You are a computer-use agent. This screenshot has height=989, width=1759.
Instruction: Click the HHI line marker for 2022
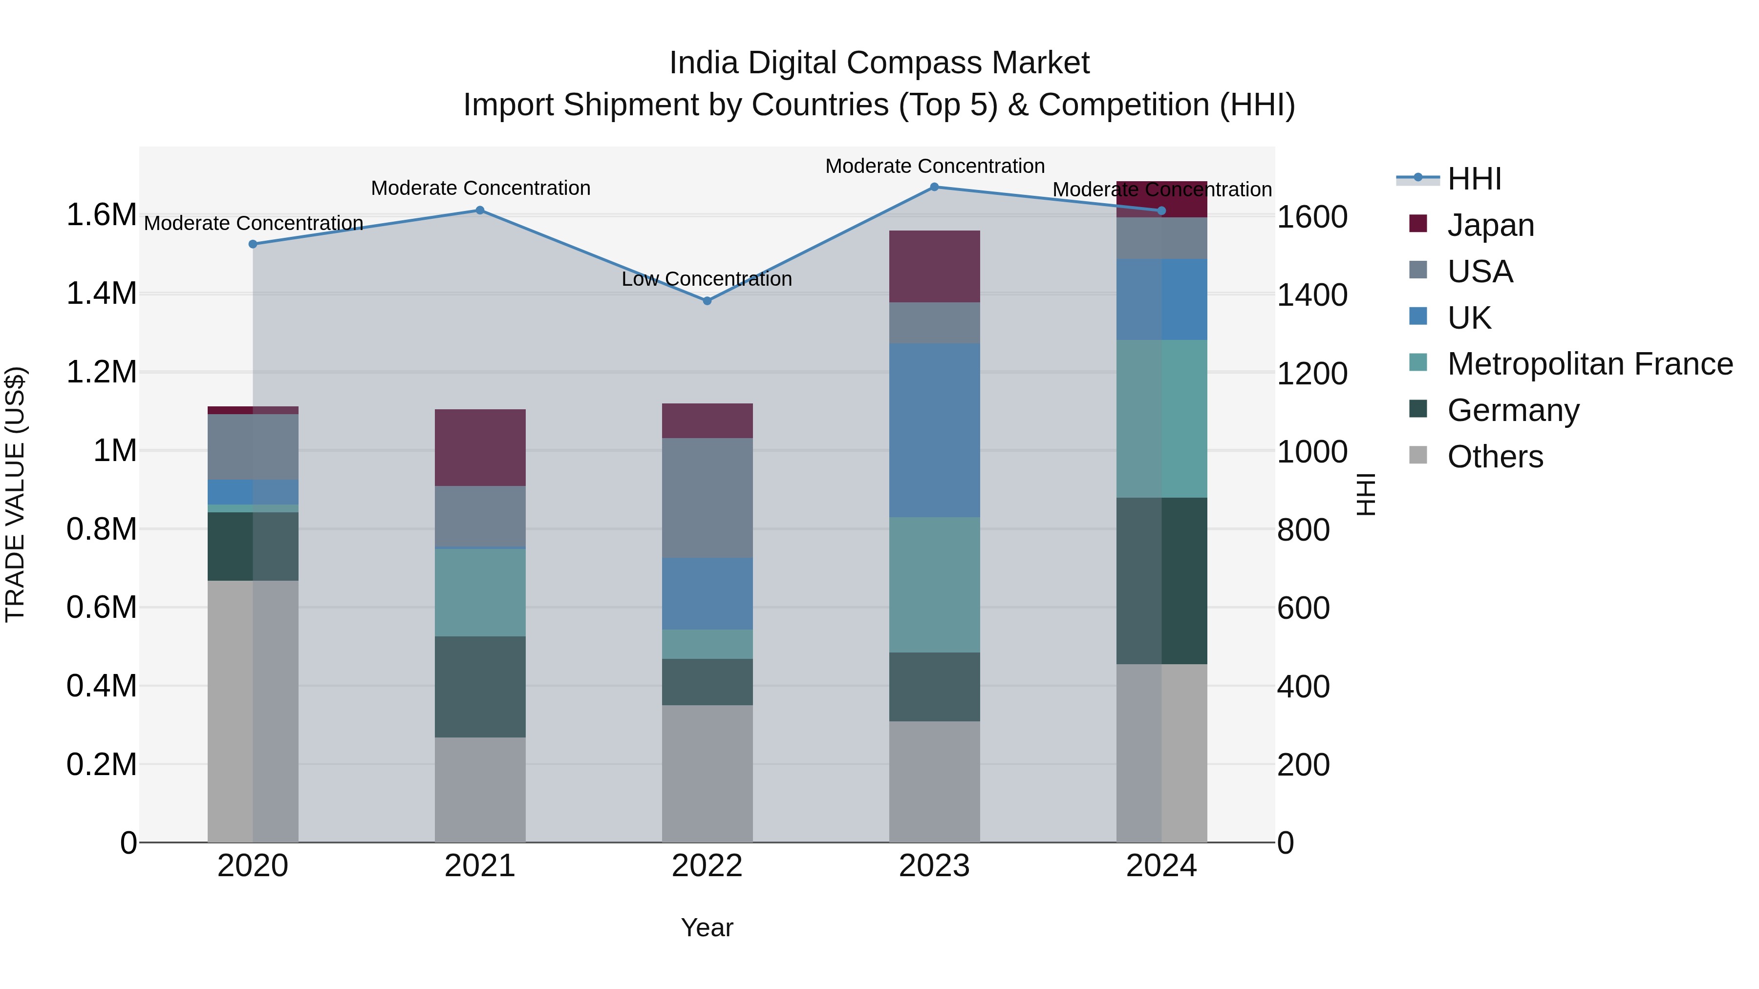[x=707, y=300]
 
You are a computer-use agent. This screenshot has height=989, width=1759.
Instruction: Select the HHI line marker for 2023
[x=934, y=187]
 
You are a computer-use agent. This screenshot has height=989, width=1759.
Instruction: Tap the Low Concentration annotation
[x=706, y=279]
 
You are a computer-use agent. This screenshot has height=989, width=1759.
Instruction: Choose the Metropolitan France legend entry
[x=1589, y=364]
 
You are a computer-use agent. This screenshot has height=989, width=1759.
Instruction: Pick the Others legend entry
[x=1495, y=457]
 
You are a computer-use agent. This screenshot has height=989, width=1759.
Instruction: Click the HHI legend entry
[x=1474, y=179]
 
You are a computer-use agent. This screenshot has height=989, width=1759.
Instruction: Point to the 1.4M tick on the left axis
[x=101, y=294]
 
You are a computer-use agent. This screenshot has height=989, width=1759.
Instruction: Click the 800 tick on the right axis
[x=1303, y=530]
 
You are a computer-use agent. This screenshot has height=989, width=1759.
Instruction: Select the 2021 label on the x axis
[x=479, y=866]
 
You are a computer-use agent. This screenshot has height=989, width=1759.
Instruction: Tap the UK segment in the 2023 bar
[x=934, y=430]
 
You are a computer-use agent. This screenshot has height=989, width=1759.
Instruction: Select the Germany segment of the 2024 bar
[x=1161, y=580]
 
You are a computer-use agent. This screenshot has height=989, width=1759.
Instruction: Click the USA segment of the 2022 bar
[x=707, y=498]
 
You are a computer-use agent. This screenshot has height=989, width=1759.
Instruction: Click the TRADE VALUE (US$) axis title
[x=15, y=494]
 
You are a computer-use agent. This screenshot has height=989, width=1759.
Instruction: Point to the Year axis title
[x=707, y=927]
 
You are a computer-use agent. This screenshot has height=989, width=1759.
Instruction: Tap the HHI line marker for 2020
[x=253, y=244]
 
